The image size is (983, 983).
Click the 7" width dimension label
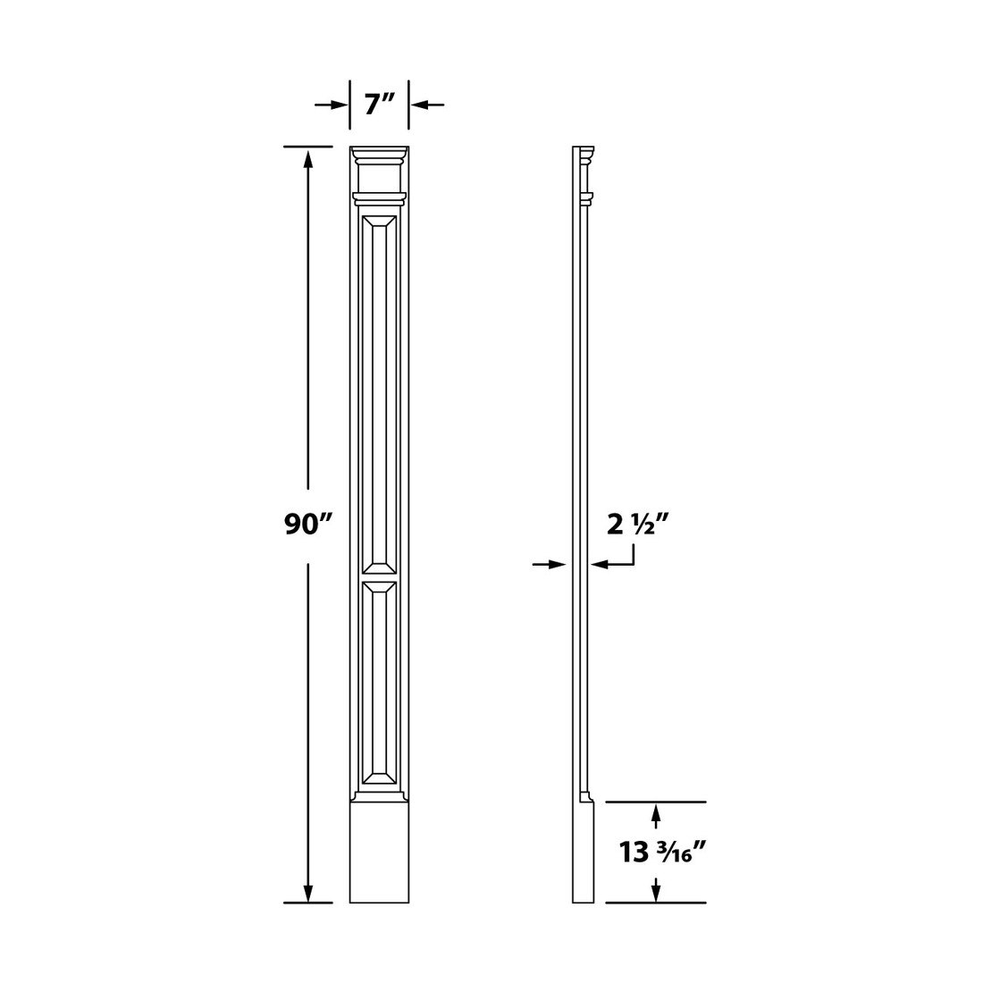click(x=379, y=104)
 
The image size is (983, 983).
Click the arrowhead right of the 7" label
click(x=419, y=105)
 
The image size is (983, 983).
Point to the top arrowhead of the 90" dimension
click(x=309, y=158)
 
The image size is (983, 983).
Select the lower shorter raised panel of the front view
click(x=379, y=684)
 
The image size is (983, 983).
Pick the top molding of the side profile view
click(x=584, y=156)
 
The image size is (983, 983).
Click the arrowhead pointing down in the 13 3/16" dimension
click(x=657, y=891)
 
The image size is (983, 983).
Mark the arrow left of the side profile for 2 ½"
click(x=559, y=564)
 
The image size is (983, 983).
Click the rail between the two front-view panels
click(x=379, y=576)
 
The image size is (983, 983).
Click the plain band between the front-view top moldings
click(x=379, y=178)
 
